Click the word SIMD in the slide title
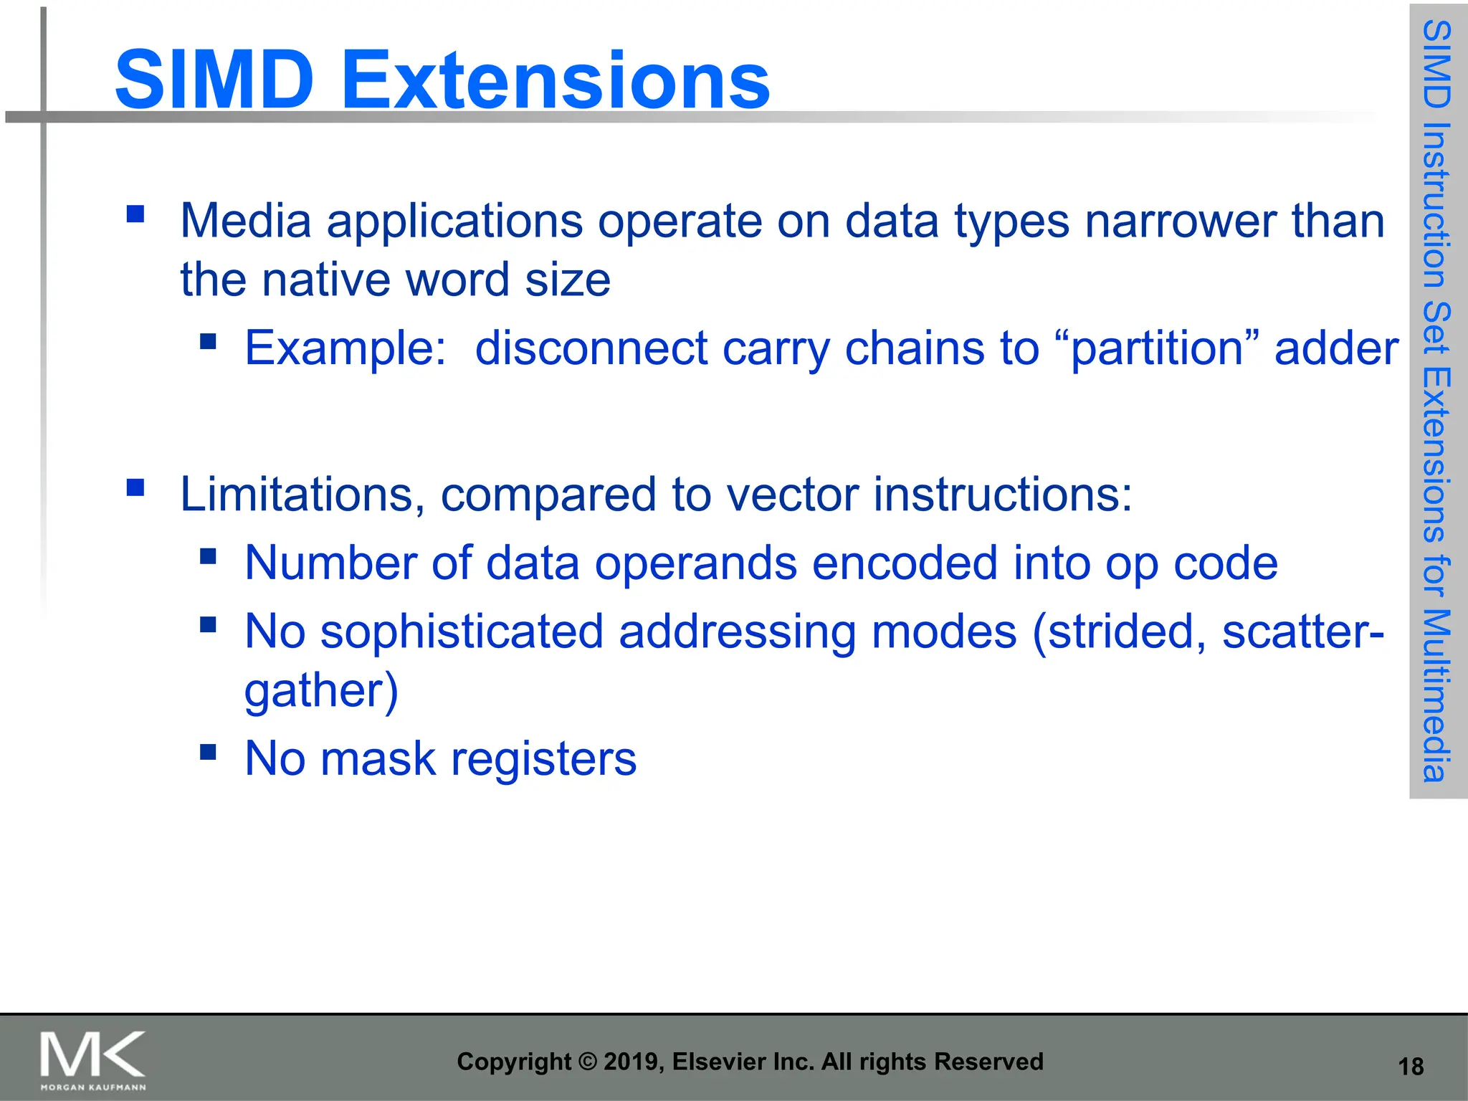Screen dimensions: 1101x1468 pyautogui.click(x=214, y=80)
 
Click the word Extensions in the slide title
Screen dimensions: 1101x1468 pyautogui.click(x=556, y=80)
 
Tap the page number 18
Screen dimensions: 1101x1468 pyautogui.click(x=1411, y=1067)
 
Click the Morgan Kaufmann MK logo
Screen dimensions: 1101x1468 pyautogui.click(x=92, y=1059)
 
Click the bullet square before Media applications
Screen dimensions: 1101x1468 pyautogui.click(x=135, y=214)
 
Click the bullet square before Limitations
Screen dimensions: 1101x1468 pyautogui.click(x=135, y=488)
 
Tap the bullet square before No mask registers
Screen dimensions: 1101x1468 pyautogui.click(x=208, y=751)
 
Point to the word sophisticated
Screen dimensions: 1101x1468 pyautogui.click(x=462, y=631)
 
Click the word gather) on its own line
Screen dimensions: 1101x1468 pyautogui.click(x=320, y=691)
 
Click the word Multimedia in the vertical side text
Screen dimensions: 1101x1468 pyautogui.click(x=1437, y=695)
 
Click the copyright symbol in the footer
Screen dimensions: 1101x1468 pyautogui.click(x=587, y=1062)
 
